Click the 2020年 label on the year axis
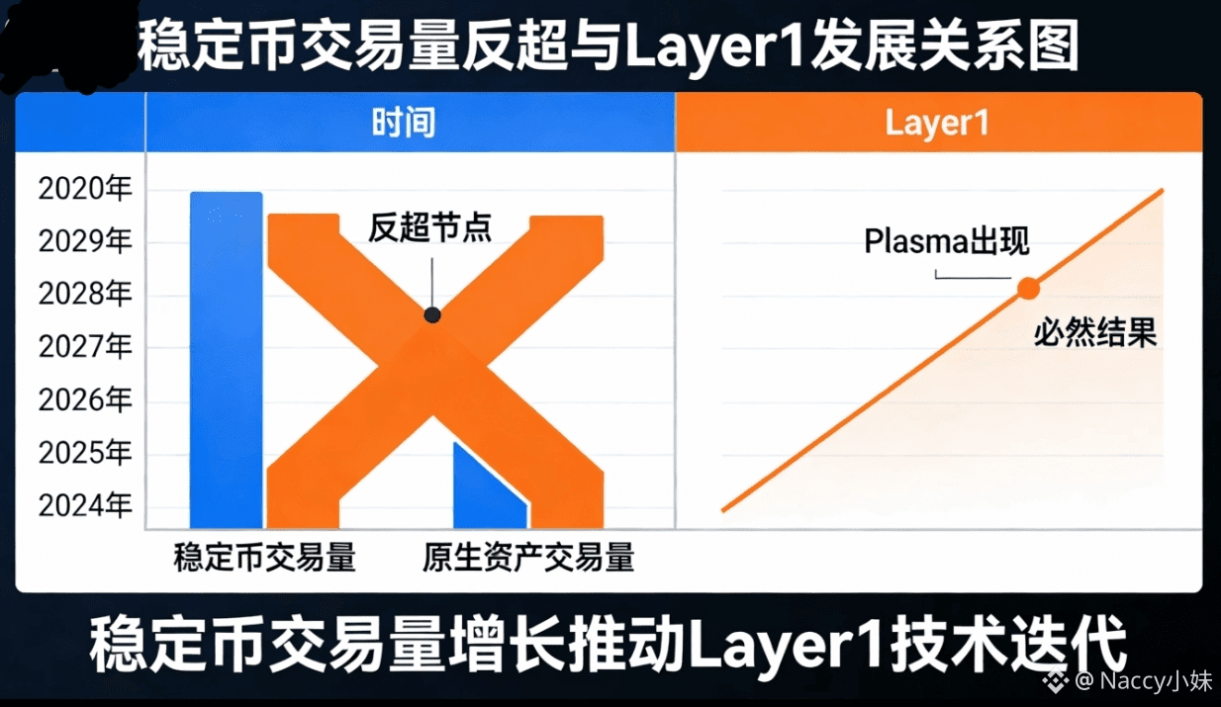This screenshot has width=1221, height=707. (x=85, y=189)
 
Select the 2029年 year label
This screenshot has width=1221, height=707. (x=85, y=240)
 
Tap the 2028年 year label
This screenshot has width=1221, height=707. (x=85, y=294)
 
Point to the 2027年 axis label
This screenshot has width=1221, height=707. (x=85, y=346)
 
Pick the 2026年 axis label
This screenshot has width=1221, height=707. (x=85, y=399)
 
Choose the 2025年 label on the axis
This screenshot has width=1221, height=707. (x=85, y=453)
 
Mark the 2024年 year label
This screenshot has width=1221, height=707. (x=85, y=505)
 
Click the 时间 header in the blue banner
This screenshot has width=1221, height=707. (x=404, y=123)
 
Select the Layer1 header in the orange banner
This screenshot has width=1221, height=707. (x=936, y=123)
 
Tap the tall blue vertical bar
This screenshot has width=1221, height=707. (x=227, y=360)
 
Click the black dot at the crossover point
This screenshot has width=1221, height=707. (x=432, y=314)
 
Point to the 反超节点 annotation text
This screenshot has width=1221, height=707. (x=430, y=227)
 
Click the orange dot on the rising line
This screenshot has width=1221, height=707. (x=1028, y=288)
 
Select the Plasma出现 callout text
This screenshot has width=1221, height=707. (x=947, y=240)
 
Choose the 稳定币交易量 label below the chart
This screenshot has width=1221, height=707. (x=265, y=558)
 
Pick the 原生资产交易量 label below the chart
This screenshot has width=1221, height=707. (x=528, y=558)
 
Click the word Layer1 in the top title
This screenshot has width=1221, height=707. (x=714, y=47)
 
